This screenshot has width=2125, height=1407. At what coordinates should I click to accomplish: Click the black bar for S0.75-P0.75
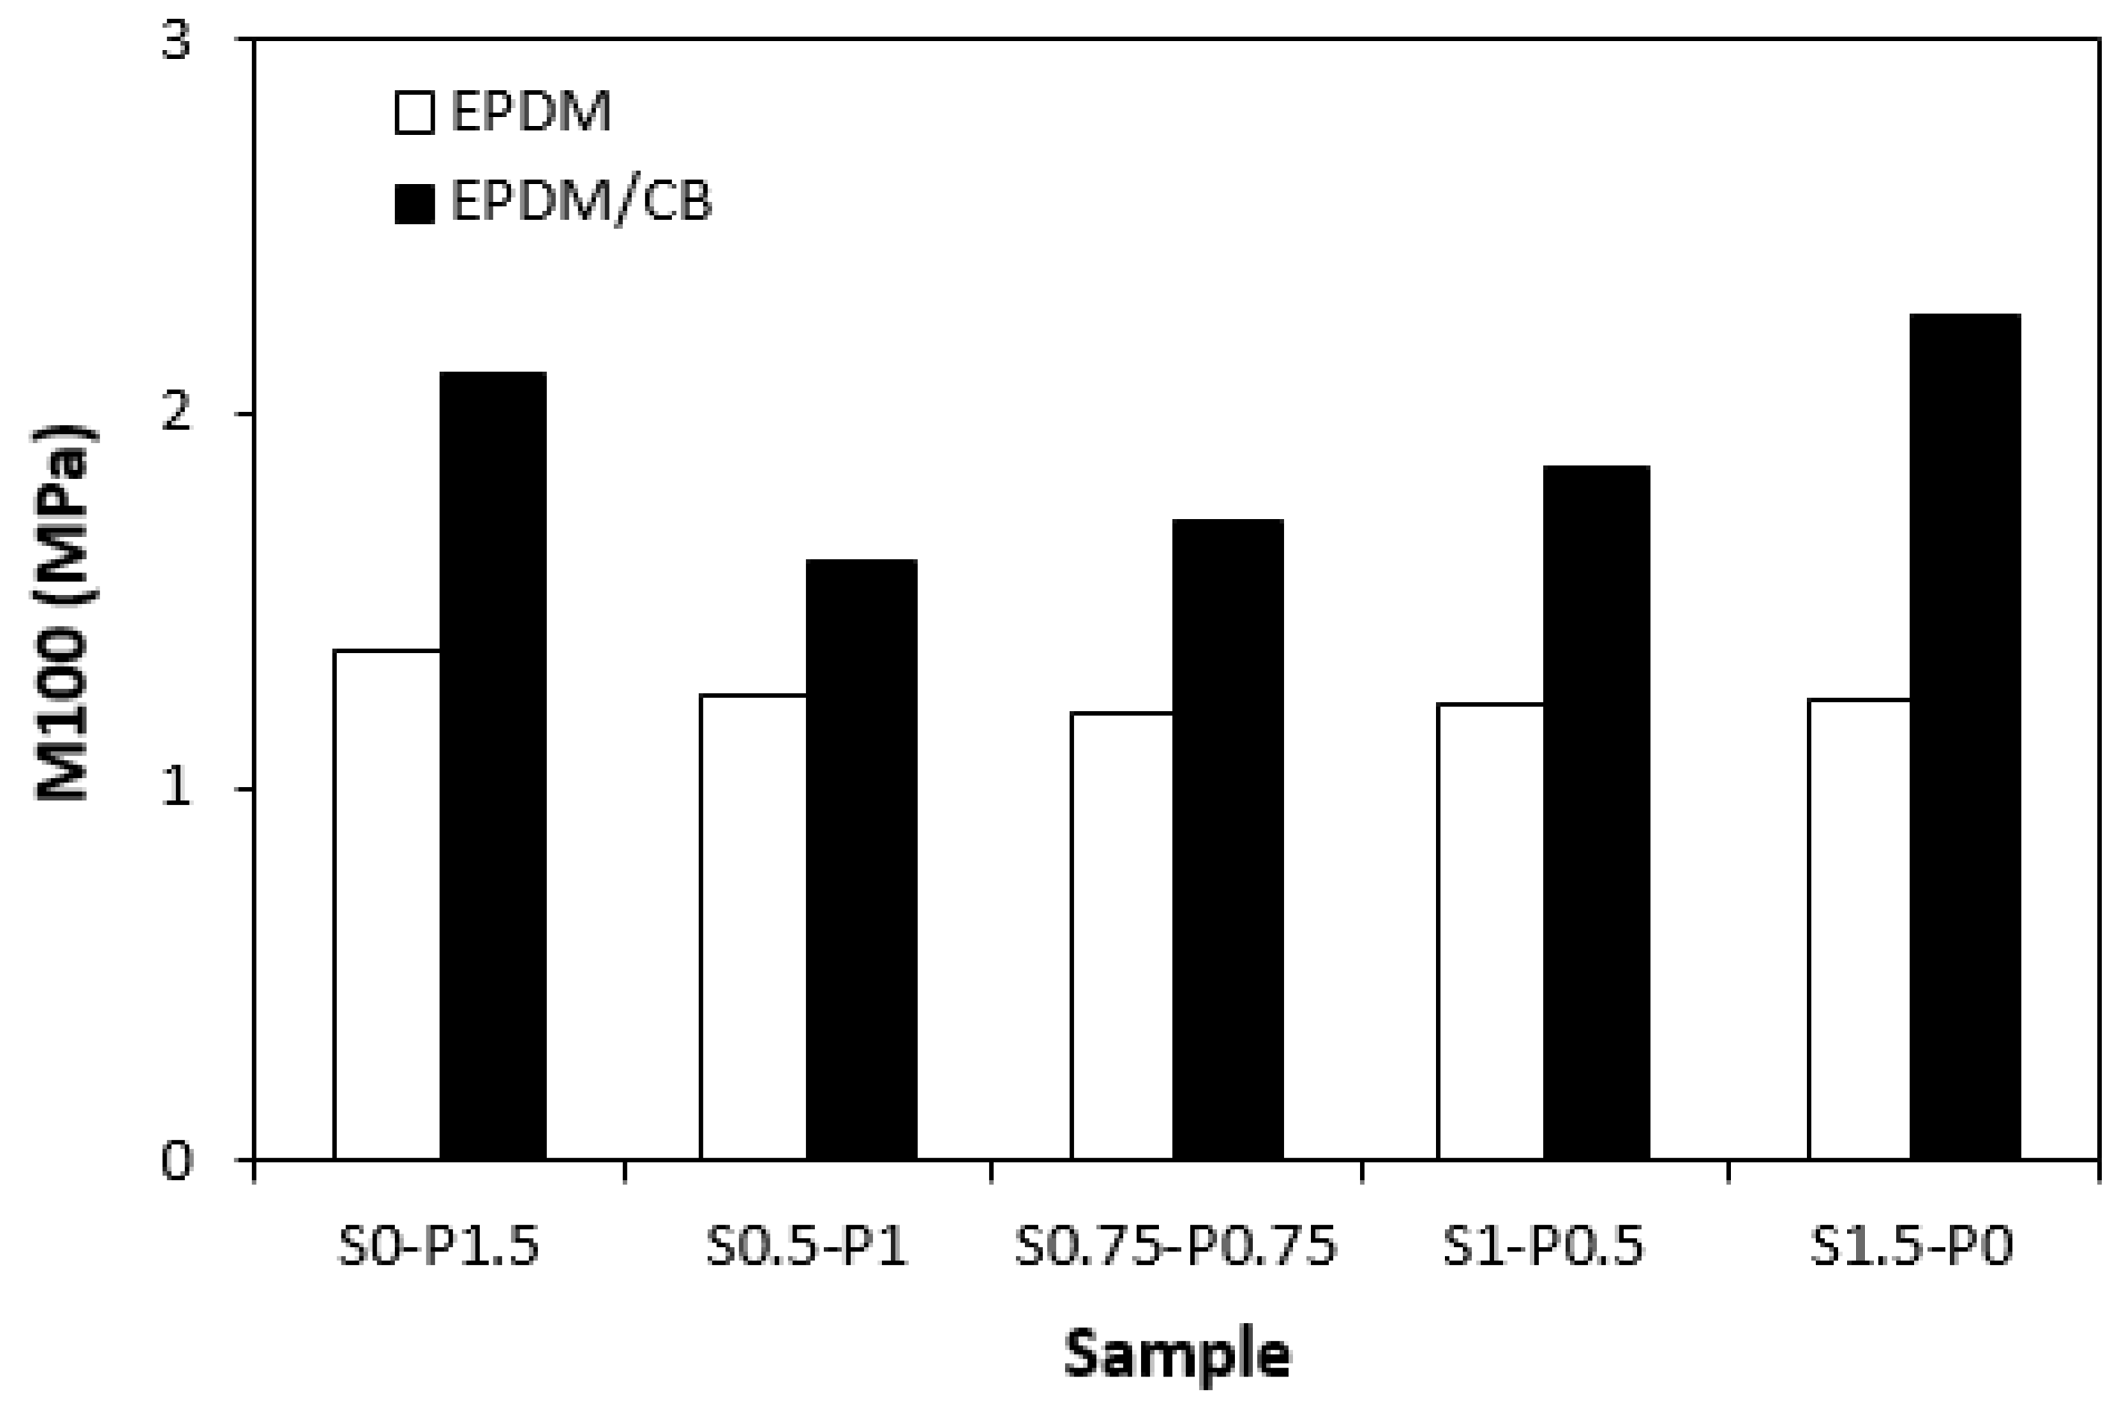point(1228,839)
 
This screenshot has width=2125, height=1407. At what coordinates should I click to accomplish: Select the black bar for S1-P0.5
point(1597,812)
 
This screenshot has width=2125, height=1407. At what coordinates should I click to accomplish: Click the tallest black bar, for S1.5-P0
point(1965,737)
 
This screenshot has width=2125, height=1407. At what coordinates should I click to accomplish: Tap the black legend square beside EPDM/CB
point(415,204)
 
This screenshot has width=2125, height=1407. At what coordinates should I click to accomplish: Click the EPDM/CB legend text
point(581,202)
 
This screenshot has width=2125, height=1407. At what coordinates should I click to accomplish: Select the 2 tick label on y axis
point(177,415)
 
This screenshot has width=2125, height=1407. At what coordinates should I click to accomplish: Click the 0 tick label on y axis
point(177,1161)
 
